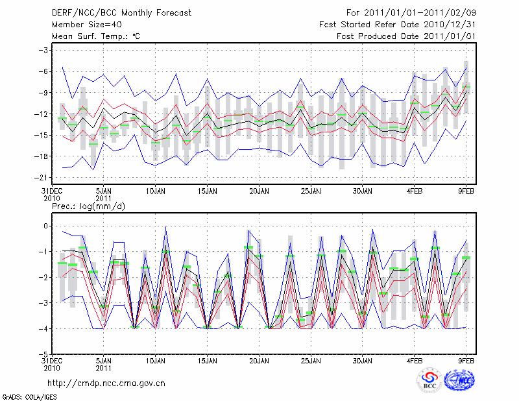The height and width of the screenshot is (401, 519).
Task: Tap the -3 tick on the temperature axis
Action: coord(44,51)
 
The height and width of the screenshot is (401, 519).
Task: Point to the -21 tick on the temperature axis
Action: coord(42,178)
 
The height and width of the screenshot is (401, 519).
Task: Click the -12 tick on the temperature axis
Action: coord(42,114)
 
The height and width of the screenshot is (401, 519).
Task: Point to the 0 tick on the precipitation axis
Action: coord(46,226)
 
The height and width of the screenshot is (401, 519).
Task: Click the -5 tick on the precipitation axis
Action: coord(44,354)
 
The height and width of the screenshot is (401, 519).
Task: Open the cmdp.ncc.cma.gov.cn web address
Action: coord(107,383)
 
